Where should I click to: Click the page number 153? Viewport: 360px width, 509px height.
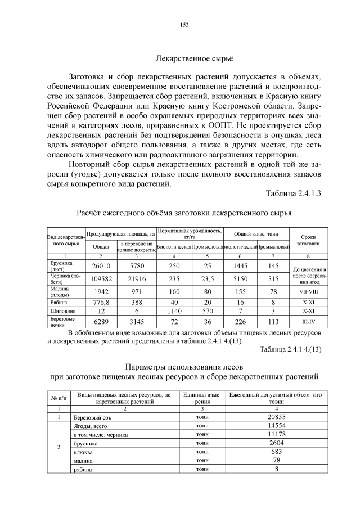point(183,25)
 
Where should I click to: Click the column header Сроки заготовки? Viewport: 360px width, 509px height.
point(308,241)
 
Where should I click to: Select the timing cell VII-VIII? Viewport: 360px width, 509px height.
point(308,292)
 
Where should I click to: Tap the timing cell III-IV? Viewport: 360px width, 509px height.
point(308,322)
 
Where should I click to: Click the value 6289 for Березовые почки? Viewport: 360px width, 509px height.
point(101,322)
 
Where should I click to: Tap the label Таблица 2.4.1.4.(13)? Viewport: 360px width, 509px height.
point(290,349)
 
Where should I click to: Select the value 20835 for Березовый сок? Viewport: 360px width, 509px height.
point(276,417)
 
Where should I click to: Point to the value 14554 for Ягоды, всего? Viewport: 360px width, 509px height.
point(276,426)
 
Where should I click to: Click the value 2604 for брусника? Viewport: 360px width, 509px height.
point(276,443)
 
